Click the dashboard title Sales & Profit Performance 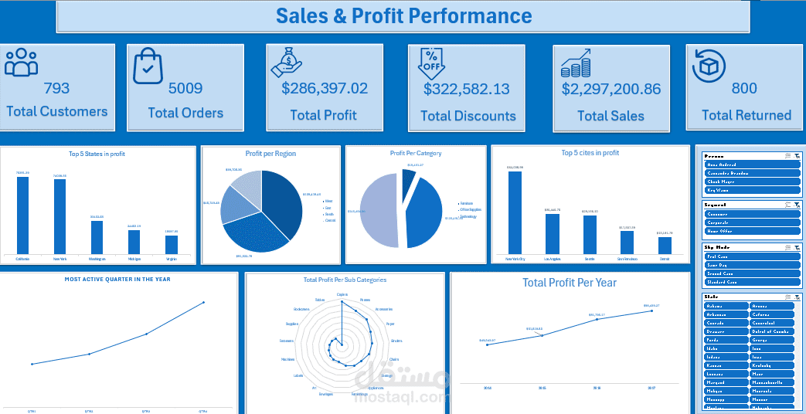point(403,15)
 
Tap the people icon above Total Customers point(21,63)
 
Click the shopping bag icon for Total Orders point(148,66)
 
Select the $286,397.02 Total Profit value point(325,88)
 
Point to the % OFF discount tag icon point(431,64)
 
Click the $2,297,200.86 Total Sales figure point(610,89)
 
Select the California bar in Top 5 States point(22,215)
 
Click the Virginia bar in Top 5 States point(171,244)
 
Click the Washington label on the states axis point(97,259)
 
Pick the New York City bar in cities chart point(515,212)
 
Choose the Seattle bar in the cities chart point(590,235)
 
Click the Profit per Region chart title point(270,154)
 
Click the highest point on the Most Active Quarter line point(203,303)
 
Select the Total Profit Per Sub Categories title point(345,280)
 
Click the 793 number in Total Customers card point(56,88)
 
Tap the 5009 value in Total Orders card point(185,88)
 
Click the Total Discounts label point(468,116)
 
